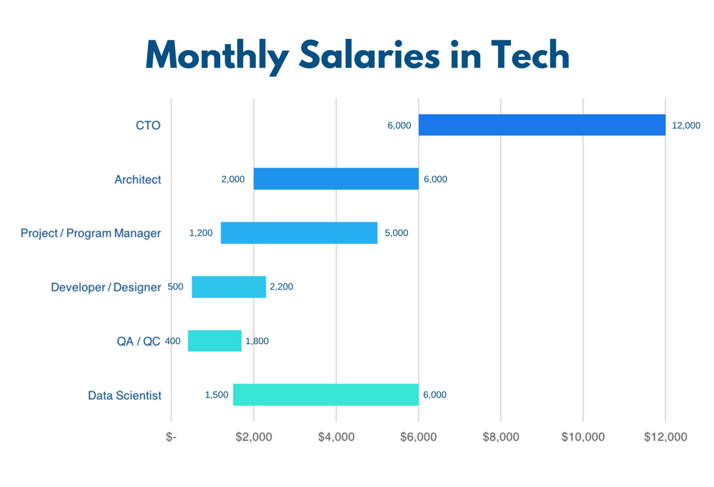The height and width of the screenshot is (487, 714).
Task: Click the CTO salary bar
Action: (542, 125)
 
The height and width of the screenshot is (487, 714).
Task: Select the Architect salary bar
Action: (335, 179)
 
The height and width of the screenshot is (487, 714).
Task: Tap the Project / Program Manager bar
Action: (298, 233)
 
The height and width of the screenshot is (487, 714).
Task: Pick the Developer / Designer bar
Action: (229, 287)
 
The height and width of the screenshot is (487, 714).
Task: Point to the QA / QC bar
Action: (214, 340)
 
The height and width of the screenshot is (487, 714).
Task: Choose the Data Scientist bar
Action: (325, 394)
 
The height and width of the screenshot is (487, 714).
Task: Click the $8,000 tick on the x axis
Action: (501, 437)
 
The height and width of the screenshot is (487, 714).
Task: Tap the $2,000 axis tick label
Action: (254, 437)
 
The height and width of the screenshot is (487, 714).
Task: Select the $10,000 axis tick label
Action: (583, 437)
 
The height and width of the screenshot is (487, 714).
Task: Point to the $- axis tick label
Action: (172, 437)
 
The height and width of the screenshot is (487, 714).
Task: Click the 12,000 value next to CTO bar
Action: (686, 126)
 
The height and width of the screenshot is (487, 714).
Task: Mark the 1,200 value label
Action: (201, 233)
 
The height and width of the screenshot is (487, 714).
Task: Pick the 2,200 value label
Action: (282, 287)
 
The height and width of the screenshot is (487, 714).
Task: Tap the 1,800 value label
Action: (257, 341)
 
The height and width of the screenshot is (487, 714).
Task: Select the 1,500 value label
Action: (216, 395)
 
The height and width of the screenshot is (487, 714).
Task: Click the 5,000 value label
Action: (396, 233)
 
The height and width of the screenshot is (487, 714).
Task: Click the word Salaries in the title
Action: (370, 54)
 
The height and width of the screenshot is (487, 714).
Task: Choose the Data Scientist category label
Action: (125, 396)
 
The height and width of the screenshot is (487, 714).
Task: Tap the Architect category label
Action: (137, 179)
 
